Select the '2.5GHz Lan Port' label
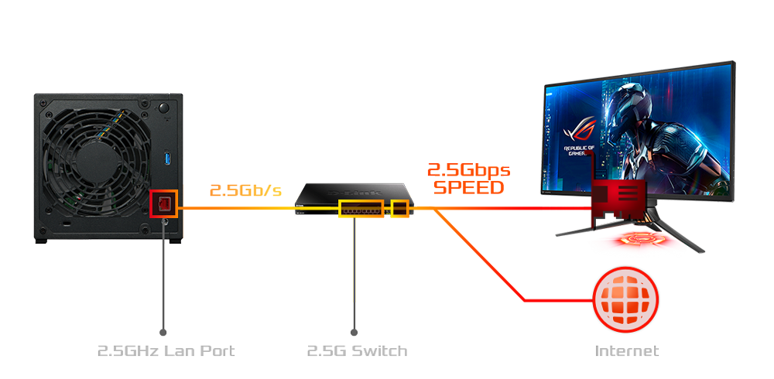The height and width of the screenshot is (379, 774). pos(166,351)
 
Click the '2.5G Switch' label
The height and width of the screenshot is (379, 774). pos(356,351)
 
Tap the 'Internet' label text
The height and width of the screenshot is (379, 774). pos(626,351)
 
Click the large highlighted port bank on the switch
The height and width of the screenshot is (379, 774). pos(361,208)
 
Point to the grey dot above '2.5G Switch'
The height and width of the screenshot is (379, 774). pos(354,332)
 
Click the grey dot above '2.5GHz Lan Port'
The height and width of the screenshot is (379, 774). pos(163,332)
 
